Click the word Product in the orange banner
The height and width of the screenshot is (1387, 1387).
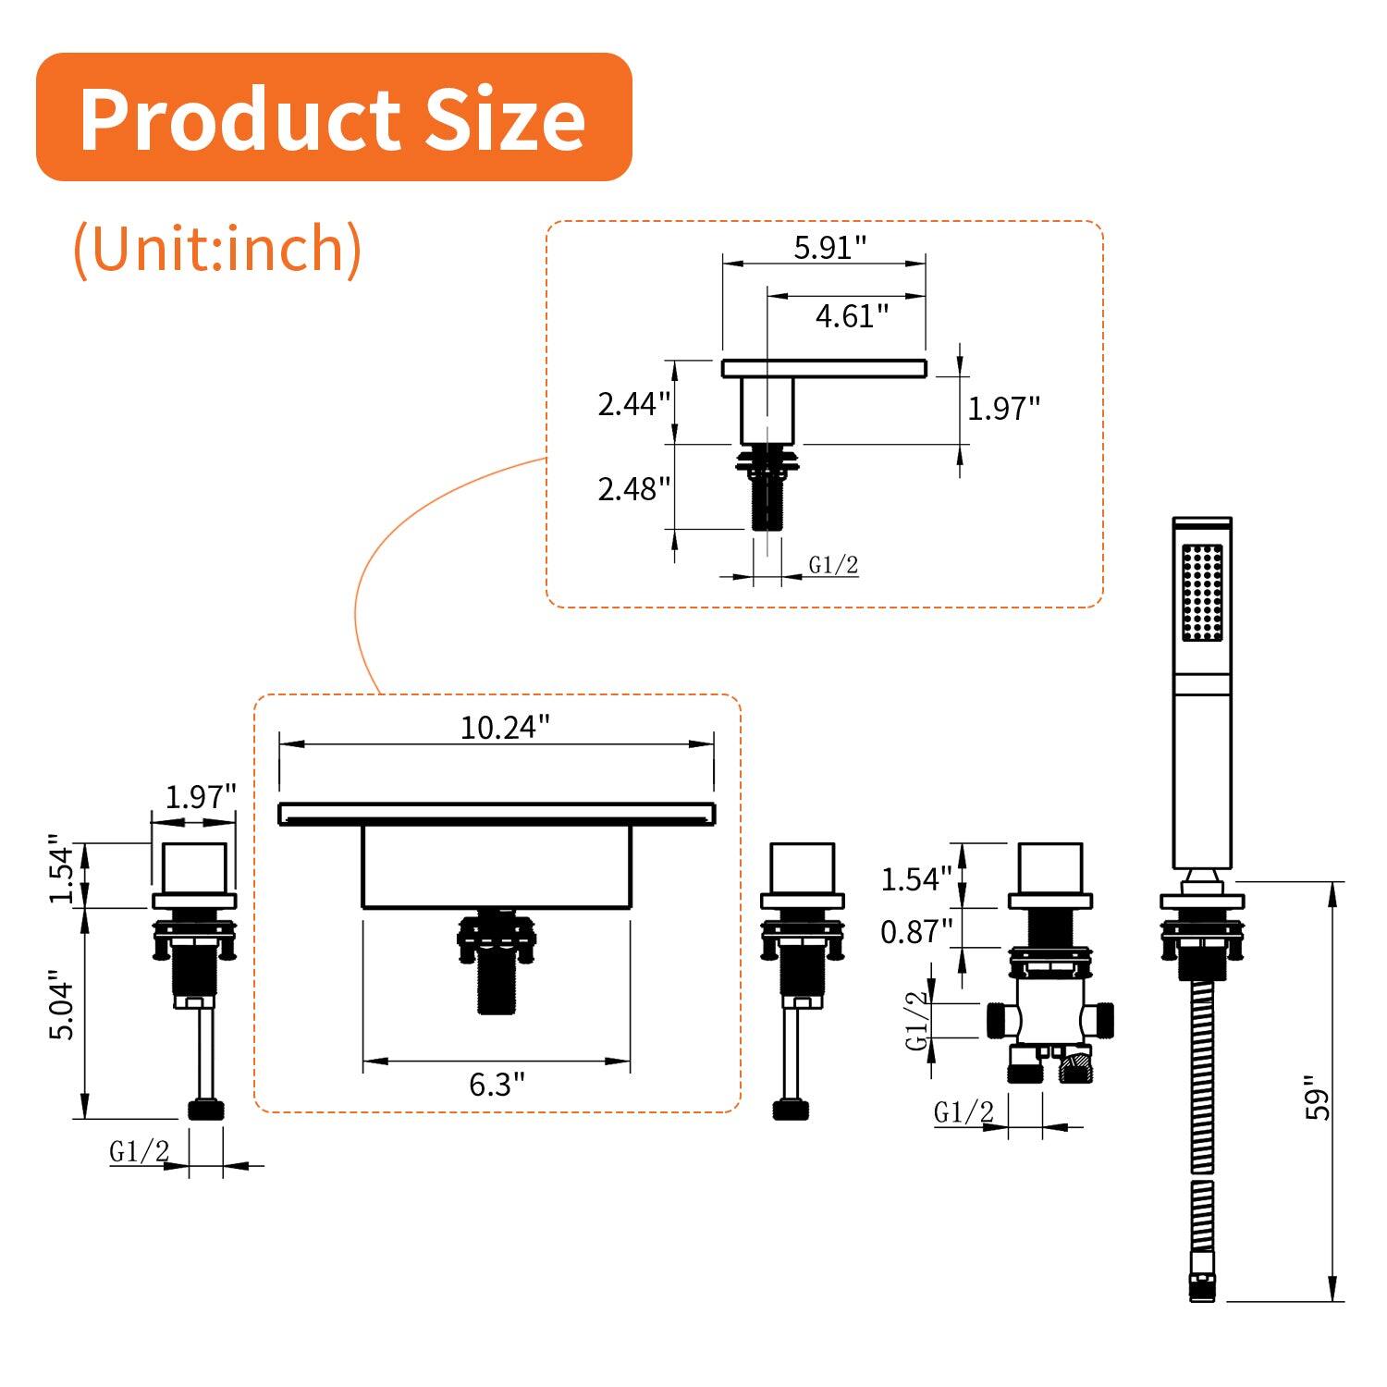[x=239, y=119]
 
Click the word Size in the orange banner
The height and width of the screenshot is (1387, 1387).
[x=505, y=119]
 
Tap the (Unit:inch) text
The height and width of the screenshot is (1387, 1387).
[x=217, y=248]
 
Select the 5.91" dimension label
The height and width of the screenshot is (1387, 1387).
[x=829, y=247]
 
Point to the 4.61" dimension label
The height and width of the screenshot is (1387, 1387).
[x=851, y=316]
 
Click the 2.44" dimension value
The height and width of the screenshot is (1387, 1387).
[x=633, y=404]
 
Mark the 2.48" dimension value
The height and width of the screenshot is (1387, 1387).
[x=633, y=488]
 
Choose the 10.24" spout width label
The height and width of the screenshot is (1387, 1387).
[x=504, y=728]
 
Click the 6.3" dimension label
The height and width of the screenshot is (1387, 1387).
[x=497, y=1084]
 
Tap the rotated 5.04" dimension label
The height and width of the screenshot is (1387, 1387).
[x=62, y=1005]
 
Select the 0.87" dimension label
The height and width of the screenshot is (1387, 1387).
[x=915, y=932]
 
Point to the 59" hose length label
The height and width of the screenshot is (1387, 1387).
[x=1317, y=1098]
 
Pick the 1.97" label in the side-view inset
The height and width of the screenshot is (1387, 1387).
[x=1003, y=408]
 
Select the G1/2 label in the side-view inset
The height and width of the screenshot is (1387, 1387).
[x=833, y=565]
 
